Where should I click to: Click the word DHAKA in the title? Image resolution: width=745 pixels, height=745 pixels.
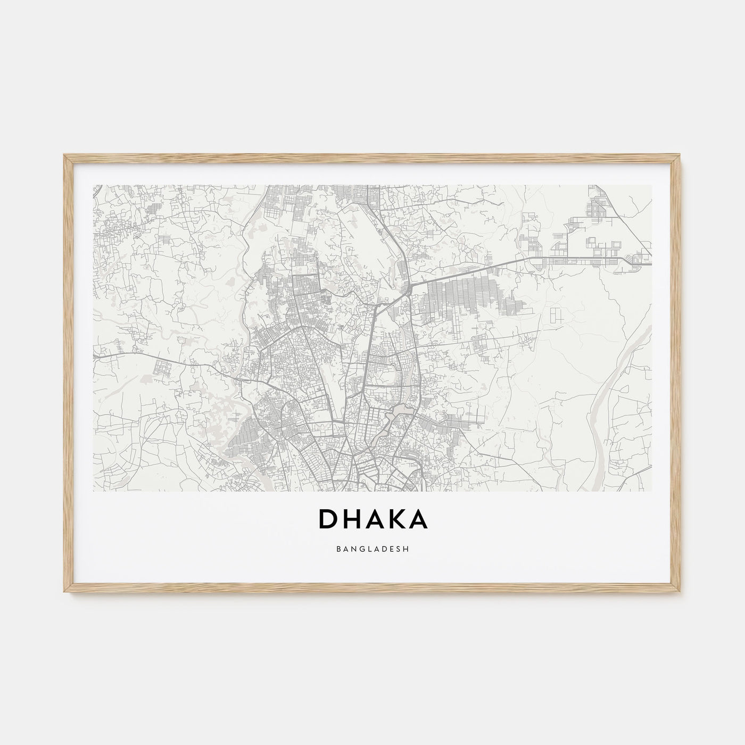point(372,519)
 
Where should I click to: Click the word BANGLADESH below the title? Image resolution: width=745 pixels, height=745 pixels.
point(372,549)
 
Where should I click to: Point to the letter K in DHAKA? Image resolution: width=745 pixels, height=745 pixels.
point(395,519)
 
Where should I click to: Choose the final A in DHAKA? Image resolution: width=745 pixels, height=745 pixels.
point(418,519)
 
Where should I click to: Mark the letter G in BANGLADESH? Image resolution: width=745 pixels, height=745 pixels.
point(361,549)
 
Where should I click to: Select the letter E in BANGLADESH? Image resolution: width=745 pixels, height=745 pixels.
point(393,549)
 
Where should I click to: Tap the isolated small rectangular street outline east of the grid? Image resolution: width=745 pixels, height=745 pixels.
point(557,314)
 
